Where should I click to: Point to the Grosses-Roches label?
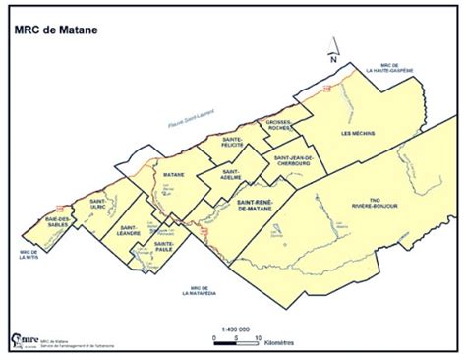tap(280, 126)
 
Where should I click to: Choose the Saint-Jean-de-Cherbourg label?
tap(294, 162)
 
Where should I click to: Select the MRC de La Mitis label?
tap(28, 257)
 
